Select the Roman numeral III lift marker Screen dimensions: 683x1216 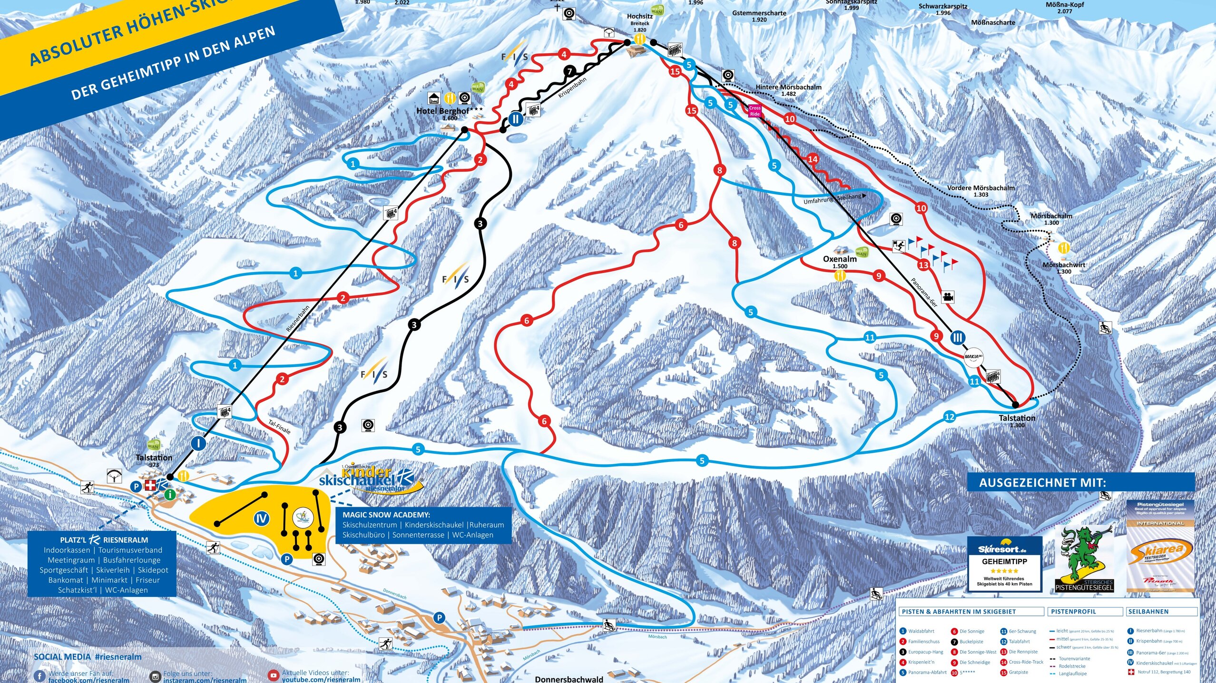[958, 338]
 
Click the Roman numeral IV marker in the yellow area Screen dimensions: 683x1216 [261, 518]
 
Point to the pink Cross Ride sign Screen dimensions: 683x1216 [755, 111]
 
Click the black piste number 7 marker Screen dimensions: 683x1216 [569, 72]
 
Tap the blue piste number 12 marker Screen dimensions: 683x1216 [949, 417]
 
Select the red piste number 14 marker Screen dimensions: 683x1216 [813, 159]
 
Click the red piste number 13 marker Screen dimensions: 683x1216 [923, 265]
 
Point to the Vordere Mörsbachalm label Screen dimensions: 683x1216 [981, 188]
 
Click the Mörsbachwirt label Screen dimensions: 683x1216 [1064, 265]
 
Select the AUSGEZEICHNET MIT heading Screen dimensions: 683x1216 [1042, 483]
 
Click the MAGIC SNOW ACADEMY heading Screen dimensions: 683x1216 [386, 515]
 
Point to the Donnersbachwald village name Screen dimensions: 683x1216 [569, 679]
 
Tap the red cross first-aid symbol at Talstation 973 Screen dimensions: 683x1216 [150, 485]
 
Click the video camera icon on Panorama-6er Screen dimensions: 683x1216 [948, 297]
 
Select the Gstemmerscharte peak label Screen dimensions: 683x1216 [759, 13]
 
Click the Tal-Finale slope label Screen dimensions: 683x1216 [279, 427]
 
